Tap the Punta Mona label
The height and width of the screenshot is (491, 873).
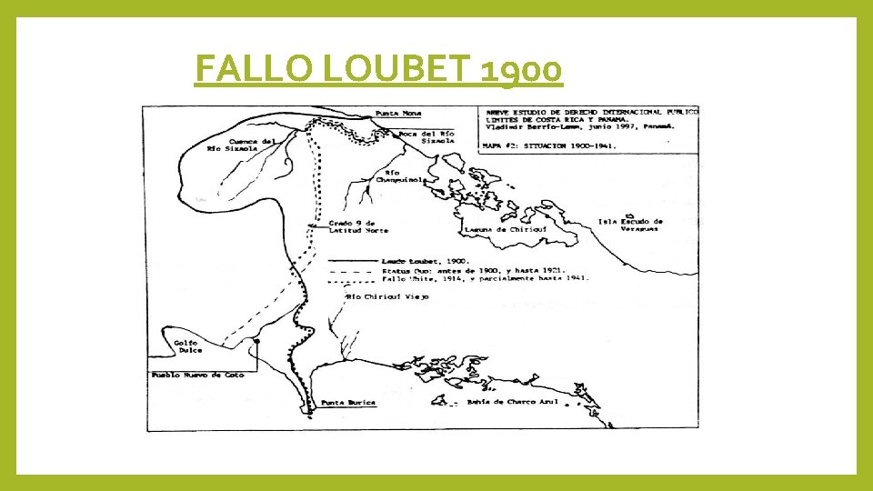398,114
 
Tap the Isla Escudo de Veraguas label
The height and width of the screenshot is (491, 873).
630,225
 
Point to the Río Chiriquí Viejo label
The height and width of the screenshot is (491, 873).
386,296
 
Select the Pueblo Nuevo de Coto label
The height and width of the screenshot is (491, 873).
197,375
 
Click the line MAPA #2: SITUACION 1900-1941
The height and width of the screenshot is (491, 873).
557,145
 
